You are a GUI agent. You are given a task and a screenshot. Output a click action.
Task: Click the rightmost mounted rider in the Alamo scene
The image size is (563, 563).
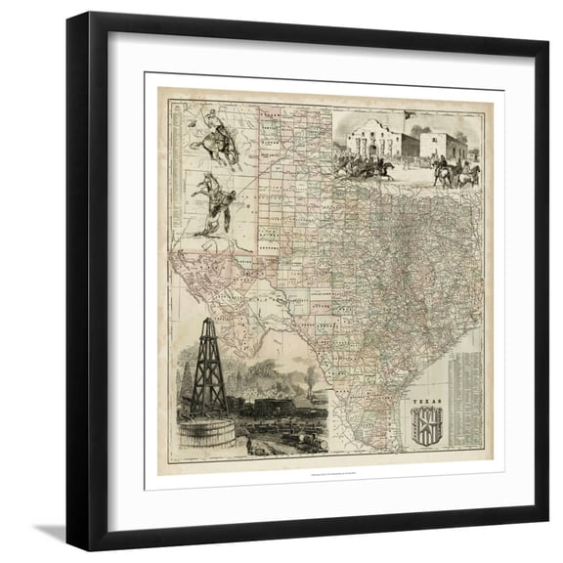(x=470, y=174)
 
